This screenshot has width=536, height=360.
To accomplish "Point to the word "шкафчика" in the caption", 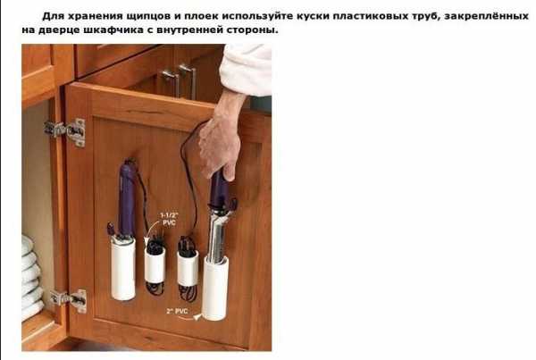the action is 113,30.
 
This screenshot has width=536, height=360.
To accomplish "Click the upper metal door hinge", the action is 65,132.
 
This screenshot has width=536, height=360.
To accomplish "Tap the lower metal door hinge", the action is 69,300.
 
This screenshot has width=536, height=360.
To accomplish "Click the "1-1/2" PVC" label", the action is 169,219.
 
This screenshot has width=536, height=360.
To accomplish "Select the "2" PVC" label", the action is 177,311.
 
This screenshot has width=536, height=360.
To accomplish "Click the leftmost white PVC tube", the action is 122,269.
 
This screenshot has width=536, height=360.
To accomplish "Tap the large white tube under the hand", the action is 214,288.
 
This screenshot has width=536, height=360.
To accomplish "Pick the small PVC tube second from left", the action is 155,265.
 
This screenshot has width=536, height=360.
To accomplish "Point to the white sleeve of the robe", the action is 247,70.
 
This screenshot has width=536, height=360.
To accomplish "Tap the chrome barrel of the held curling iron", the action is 217,236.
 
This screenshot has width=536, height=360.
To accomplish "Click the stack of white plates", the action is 31,277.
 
